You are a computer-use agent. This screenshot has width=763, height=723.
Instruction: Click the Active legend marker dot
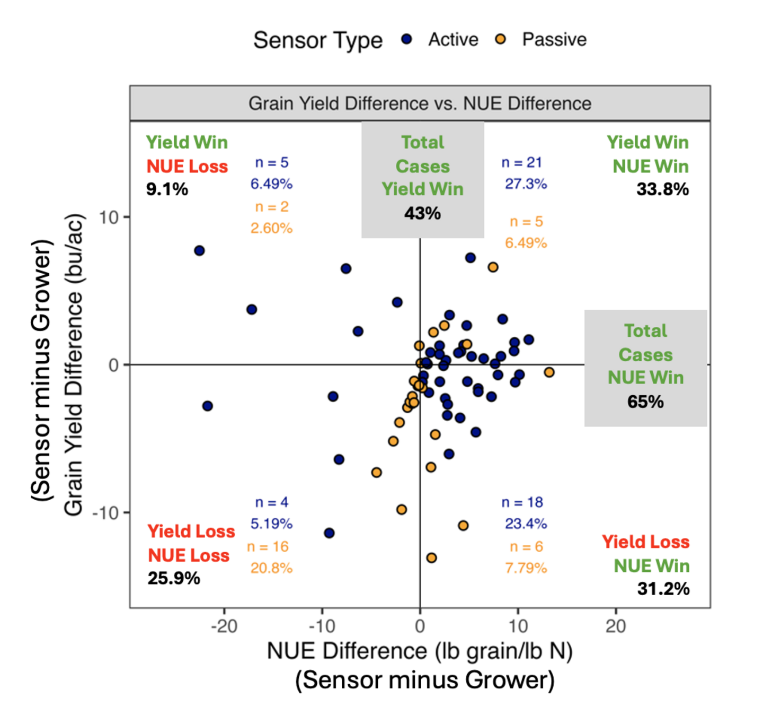(x=406, y=39)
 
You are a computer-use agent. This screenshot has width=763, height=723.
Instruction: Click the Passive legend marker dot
(x=500, y=39)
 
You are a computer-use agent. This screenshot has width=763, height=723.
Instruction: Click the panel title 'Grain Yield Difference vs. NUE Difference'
(x=420, y=103)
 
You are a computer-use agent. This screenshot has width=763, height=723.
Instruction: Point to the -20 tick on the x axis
(x=224, y=626)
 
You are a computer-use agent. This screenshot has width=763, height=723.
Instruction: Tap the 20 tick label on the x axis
(x=616, y=626)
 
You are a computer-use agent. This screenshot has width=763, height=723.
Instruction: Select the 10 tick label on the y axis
(x=108, y=217)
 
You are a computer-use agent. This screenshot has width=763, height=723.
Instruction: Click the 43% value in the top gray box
(x=422, y=213)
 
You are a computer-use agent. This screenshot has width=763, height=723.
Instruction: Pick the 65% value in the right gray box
(x=645, y=402)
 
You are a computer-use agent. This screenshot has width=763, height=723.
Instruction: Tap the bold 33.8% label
(x=662, y=189)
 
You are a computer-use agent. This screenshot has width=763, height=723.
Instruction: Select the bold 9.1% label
(x=167, y=189)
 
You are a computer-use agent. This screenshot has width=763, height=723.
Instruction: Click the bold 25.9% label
(x=174, y=578)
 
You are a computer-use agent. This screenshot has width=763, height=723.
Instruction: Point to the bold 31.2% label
(x=663, y=589)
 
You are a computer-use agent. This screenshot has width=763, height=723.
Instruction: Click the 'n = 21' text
(x=521, y=163)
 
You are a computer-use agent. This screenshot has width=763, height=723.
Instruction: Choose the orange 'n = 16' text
(x=268, y=547)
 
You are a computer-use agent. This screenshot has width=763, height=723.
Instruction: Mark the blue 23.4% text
(x=526, y=524)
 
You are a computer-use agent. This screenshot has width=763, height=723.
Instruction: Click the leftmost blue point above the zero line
(x=199, y=250)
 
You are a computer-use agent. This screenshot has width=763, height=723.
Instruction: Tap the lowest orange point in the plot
(x=431, y=558)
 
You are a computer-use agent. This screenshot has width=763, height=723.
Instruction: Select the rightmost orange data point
(x=549, y=372)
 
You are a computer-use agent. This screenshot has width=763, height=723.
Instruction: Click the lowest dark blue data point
(x=329, y=533)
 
